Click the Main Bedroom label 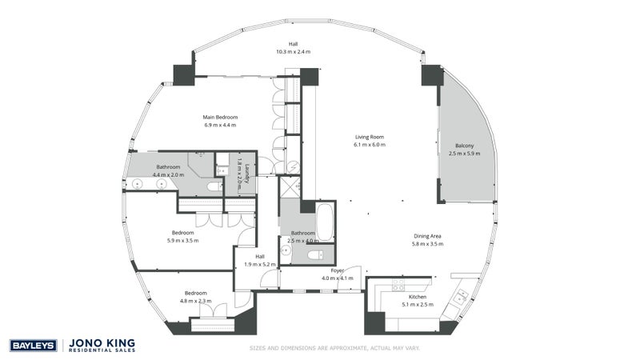pyautogui.click(x=220, y=117)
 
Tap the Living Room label pyautogui.click(x=370, y=137)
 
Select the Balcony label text pyautogui.click(x=465, y=146)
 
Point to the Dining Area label pyautogui.click(x=427, y=236)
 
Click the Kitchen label pyautogui.click(x=418, y=297)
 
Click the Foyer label pyautogui.click(x=337, y=270)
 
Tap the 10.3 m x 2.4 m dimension pyautogui.click(x=293, y=52)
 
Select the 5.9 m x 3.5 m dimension pyautogui.click(x=183, y=241)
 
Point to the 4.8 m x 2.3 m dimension pyautogui.click(x=195, y=301)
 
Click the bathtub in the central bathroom pyautogui.click(x=325, y=222)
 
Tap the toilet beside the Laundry pyautogui.click(x=214, y=187)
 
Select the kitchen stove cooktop pyautogui.click(x=398, y=285)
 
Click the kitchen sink pyautogui.click(x=462, y=296)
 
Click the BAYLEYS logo pyautogui.click(x=33, y=346)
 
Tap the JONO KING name pyautogui.click(x=102, y=343)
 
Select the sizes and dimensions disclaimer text pyautogui.click(x=334, y=348)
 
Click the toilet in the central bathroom pyautogui.click(x=315, y=255)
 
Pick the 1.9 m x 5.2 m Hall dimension pyautogui.click(x=260, y=265)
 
